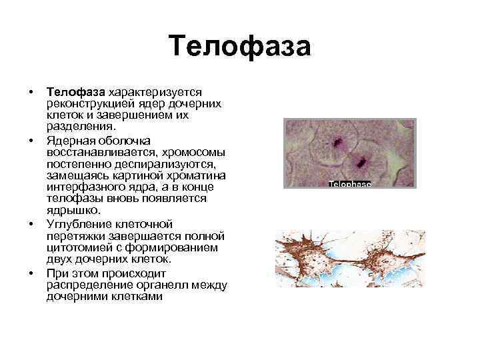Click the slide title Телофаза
click(x=240, y=47)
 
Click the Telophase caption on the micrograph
click(x=349, y=184)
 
